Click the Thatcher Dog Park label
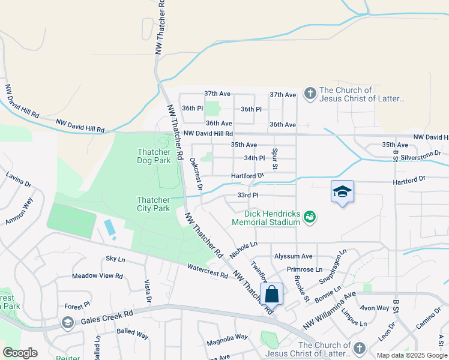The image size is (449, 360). point(154,156)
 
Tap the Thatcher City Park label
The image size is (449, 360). point(154,204)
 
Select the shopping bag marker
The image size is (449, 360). point(272,295)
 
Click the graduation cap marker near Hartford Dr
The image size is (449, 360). point(342,191)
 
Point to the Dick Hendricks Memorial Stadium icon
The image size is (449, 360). point(310,216)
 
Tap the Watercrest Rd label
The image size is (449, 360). point(208,271)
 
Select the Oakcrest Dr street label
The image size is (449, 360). point(196,174)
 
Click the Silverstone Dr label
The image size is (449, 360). point(425,155)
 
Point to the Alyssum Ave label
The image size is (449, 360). point(293,256)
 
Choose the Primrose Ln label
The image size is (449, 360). point(304,269)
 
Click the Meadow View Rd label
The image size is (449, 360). point(97,276)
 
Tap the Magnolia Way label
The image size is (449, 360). point(227,337)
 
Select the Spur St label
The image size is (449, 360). point(275,159)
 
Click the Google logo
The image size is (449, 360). point(20,353)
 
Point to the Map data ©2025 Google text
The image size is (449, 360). point(411,355)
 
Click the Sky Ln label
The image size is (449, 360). point(115,259)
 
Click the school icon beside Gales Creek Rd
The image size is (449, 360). point(68,324)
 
